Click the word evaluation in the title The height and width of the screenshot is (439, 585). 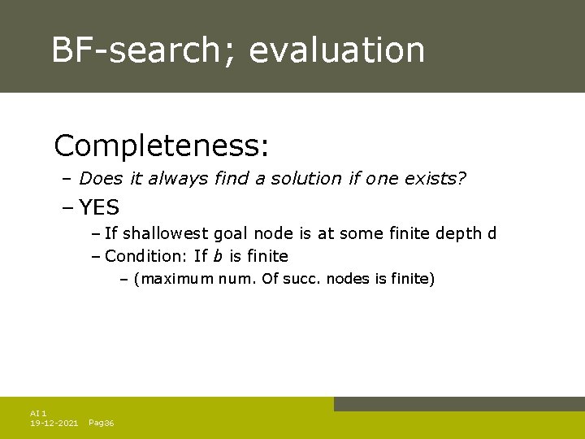click(x=337, y=50)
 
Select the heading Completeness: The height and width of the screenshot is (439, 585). click(x=162, y=146)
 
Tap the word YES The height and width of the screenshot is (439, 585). click(x=99, y=207)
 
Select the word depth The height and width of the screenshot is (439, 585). click(x=457, y=234)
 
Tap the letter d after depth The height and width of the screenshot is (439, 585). click(x=491, y=234)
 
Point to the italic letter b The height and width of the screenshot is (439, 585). click(x=218, y=257)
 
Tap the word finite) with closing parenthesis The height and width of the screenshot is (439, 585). click(x=410, y=280)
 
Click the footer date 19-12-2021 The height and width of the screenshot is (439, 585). click(x=54, y=424)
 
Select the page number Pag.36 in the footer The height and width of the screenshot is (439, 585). click(x=101, y=424)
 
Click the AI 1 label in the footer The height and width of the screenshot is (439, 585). click(x=38, y=414)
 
